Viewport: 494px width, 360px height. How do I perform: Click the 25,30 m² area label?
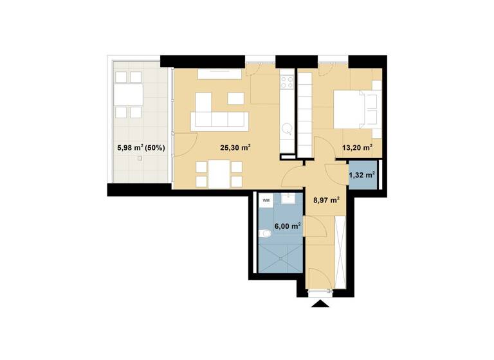click(x=235, y=147)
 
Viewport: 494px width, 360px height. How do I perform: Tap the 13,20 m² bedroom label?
click(x=358, y=147)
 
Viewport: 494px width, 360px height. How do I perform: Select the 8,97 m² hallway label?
click(x=325, y=200)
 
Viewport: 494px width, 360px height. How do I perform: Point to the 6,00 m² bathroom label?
click(x=287, y=226)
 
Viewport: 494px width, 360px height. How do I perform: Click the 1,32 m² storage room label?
click(x=361, y=174)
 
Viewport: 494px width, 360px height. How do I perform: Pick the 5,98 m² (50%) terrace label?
click(x=141, y=147)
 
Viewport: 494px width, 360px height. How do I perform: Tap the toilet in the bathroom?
click(x=266, y=234)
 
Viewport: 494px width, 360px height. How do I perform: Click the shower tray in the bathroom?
click(x=278, y=257)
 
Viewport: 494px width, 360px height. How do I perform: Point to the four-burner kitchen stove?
click(x=287, y=83)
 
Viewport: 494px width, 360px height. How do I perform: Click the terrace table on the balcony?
click(x=127, y=94)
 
